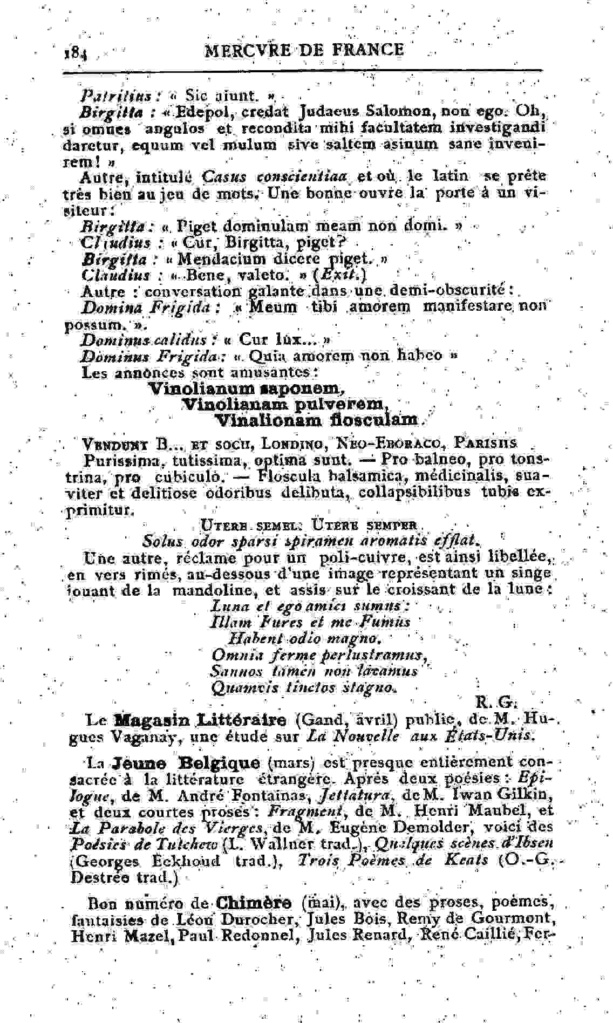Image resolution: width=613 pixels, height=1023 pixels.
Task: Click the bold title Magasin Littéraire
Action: pyautogui.click(x=201, y=720)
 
